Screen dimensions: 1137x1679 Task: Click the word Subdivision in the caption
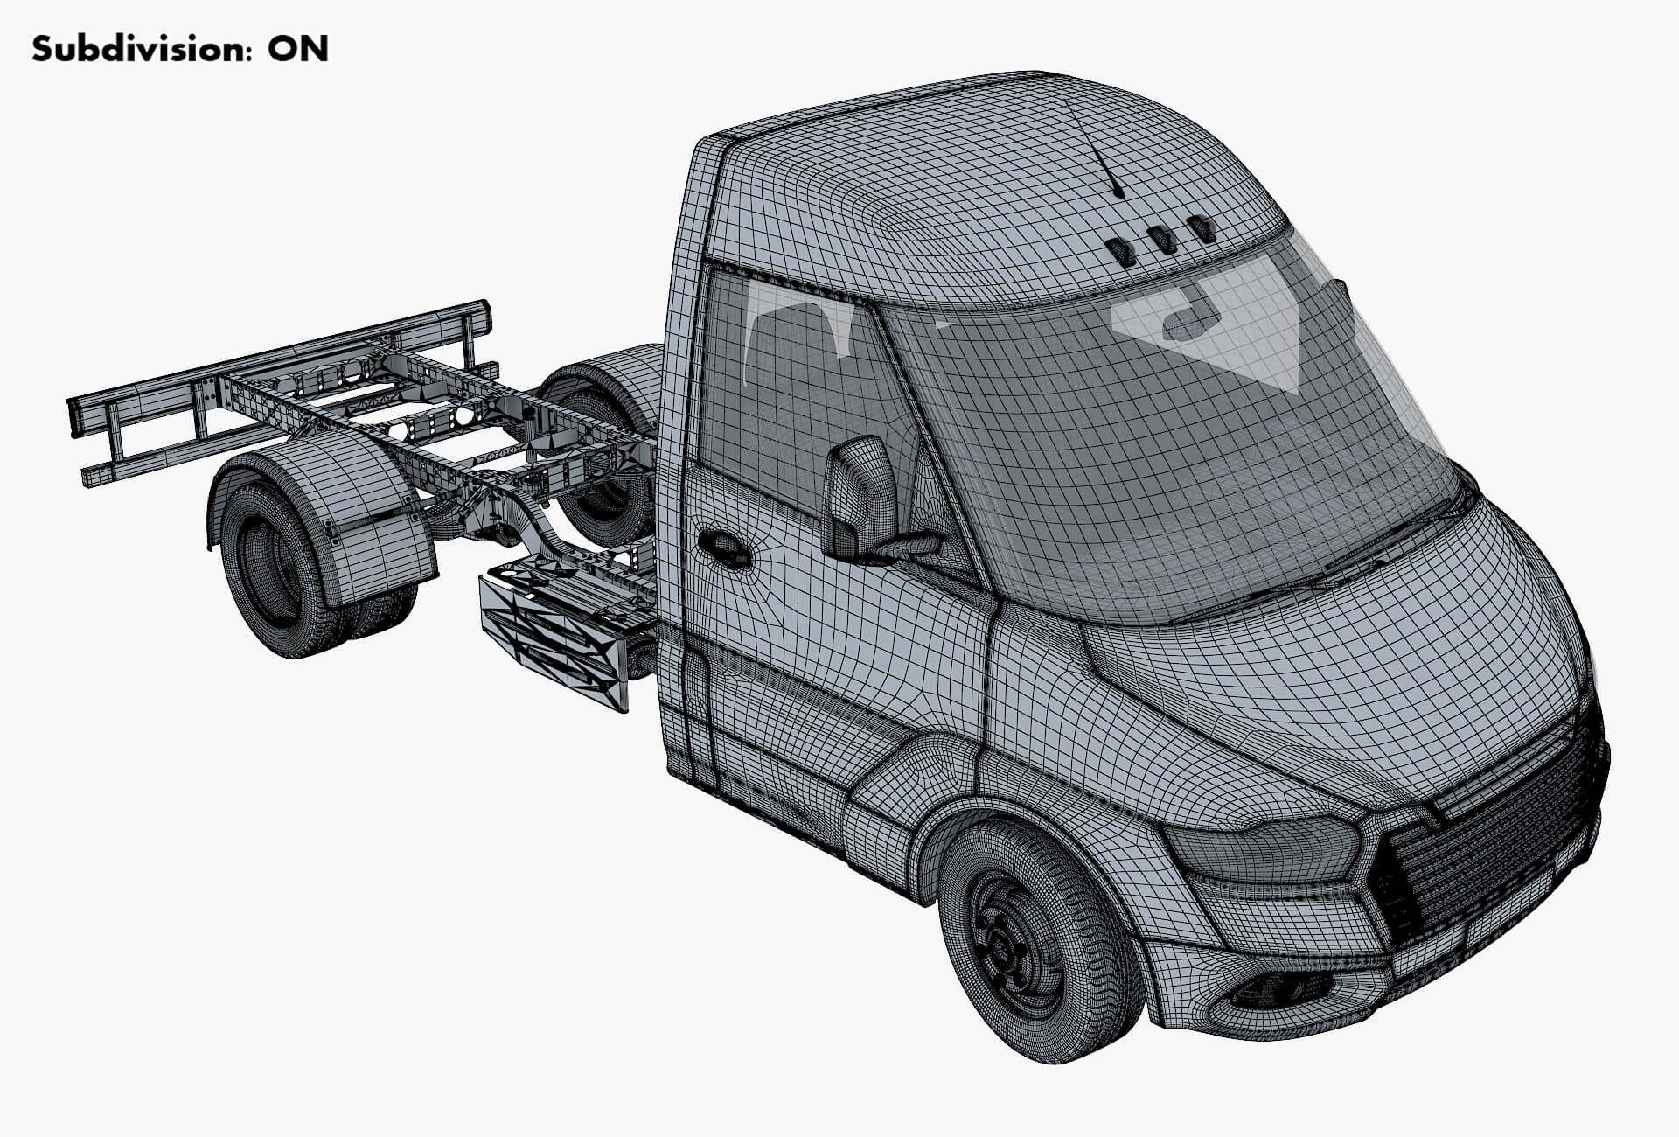131,49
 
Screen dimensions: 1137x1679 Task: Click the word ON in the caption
298,49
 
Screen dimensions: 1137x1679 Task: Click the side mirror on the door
860,499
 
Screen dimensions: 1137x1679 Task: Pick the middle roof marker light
1160,240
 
